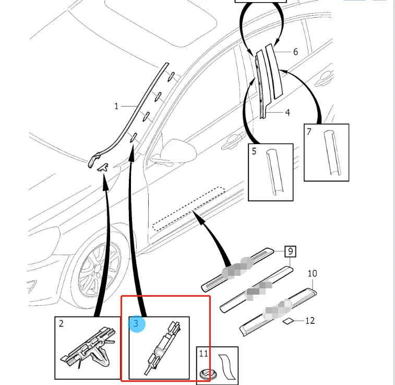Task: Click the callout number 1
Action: [116, 107]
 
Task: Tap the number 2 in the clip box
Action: [61, 324]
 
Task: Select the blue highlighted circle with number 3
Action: [136, 324]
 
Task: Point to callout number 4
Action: [288, 112]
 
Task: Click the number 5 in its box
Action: [255, 151]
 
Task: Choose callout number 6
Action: [295, 52]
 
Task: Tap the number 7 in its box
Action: [309, 132]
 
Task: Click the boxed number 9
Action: [291, 252]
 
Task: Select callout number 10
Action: [312, 273]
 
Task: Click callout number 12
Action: [310, 320]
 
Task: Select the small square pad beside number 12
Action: [289, 321]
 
